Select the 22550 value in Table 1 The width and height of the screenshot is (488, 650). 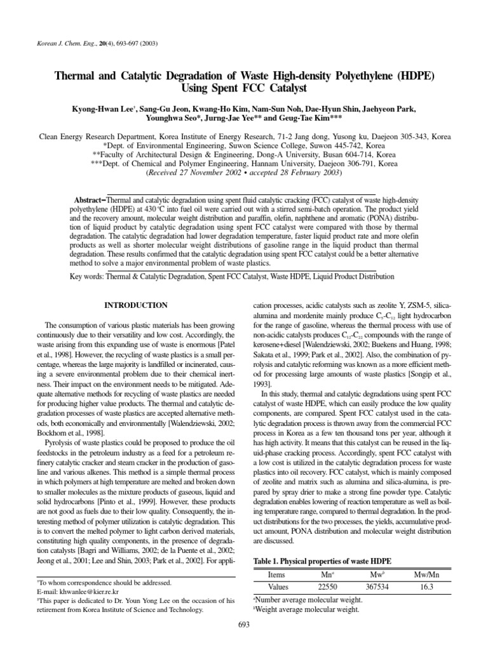(x=327, y=587)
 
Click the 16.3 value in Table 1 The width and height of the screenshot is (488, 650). (x=426, y=587)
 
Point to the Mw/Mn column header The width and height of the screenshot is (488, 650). (x=426, y=574)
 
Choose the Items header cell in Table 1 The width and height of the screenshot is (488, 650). (x=278, y=574)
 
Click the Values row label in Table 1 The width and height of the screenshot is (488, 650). (x=278, y=587)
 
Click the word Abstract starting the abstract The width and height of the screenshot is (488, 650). (x=90, y=199)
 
